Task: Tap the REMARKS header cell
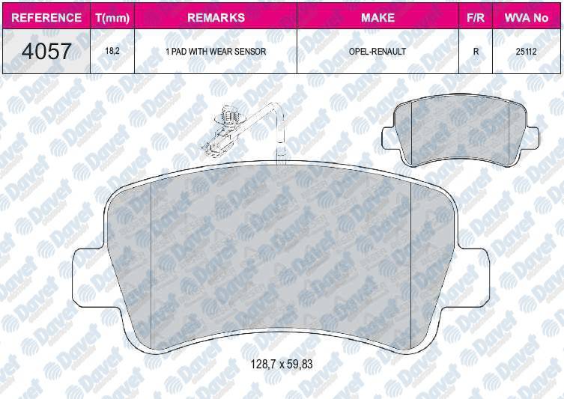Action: (x=215, y=16)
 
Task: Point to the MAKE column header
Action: (x=377, y=16)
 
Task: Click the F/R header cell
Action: (x=474, y=16)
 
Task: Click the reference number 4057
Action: (x=46, y=51)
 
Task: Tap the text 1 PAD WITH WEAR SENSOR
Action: (x=215, y=52)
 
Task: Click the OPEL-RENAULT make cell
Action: (x=377, y=52)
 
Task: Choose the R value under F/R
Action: (x=475, y=52)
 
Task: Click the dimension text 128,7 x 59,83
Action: (x=281, y=365)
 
